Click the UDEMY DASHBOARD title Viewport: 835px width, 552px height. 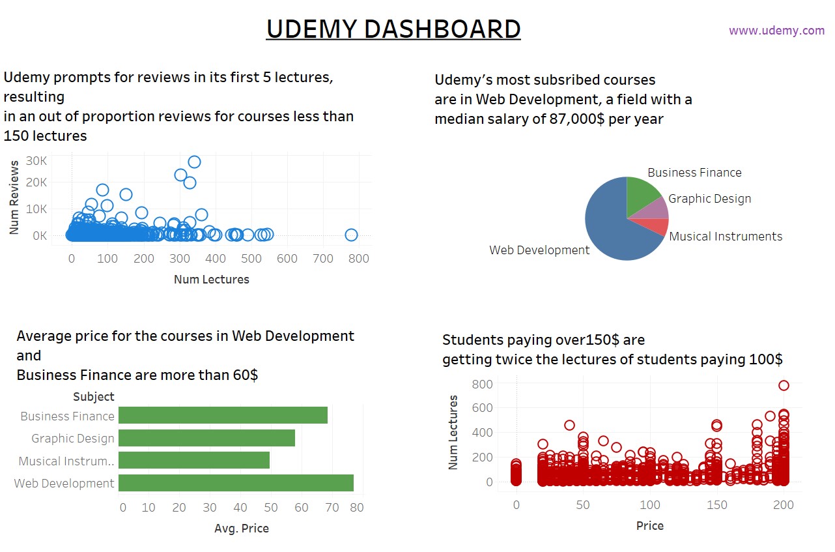coord(393,29)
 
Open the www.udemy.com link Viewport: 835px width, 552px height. coord(776,31)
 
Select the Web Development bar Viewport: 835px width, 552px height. coord(236,483)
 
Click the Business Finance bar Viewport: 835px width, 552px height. coord(223,416)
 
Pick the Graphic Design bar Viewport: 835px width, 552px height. coord(206,438)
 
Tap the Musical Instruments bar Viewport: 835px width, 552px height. coord(194,461)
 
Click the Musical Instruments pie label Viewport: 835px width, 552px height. coord(726,237)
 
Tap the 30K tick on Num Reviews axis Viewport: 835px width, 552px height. coord(36,160)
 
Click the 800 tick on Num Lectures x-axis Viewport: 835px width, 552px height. coord(358,259)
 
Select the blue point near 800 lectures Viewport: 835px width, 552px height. coord(351,235)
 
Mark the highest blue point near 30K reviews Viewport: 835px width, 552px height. coord(194,162)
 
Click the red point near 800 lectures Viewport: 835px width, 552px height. coord(784,385)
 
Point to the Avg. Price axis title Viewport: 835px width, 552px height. coord(241,529)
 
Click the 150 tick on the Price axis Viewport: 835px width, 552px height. coord(716,505)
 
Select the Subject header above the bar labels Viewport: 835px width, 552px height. coord(93,397)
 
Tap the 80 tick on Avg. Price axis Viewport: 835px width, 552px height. coord(356,508)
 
